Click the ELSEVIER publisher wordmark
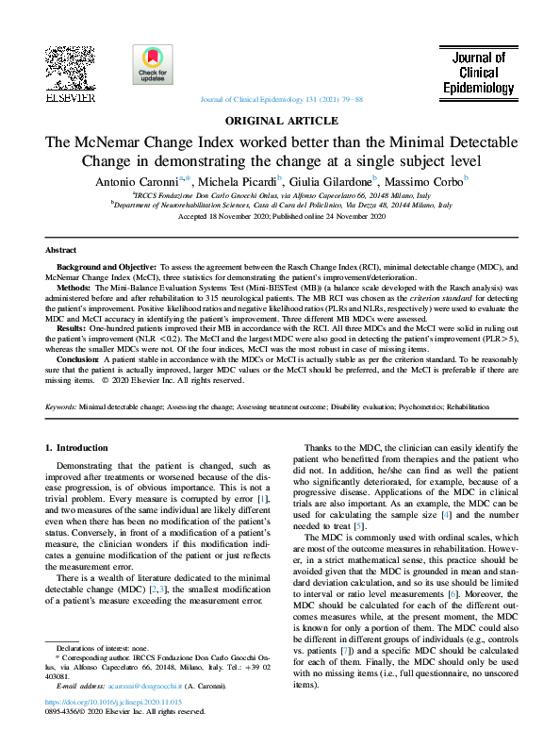pyautogui.click(x=69, y=97)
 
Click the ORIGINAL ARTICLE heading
pyautogui.click(x=280, y=121)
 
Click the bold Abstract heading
pyautogui.click(x=62, y=250)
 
